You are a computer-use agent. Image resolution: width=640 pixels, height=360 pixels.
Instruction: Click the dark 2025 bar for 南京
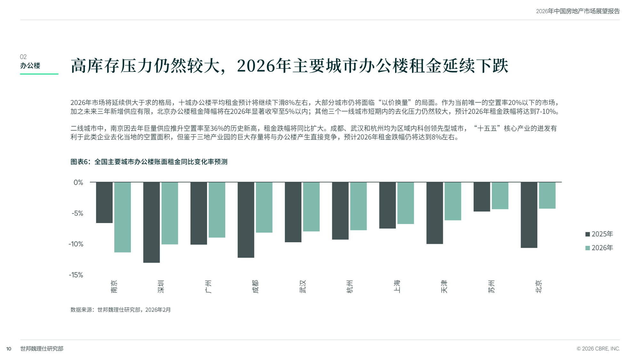104,202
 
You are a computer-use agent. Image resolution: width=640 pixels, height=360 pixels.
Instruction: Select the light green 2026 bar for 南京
123,217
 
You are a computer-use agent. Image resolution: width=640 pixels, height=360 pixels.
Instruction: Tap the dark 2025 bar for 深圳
151,222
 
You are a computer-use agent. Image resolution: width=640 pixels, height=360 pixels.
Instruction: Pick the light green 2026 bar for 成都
264,207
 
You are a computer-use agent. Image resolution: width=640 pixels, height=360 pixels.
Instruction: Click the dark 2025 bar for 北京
529,215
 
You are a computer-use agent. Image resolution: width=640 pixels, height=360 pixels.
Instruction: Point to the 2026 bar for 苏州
500,196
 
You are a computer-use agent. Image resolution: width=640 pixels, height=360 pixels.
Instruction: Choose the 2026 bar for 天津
453,201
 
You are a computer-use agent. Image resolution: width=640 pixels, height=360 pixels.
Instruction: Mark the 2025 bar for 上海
388,205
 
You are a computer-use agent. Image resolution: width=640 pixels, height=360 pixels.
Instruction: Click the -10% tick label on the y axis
76,244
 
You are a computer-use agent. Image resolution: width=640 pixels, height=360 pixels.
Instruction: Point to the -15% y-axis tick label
76,275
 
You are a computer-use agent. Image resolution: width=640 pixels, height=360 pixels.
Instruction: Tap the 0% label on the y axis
78,182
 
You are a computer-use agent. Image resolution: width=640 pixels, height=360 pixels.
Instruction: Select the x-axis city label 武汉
303,286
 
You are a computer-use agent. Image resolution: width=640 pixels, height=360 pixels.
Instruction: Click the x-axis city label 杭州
350,286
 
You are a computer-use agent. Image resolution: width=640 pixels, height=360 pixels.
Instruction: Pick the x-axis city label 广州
208,286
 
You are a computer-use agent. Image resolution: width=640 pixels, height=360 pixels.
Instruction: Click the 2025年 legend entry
599,234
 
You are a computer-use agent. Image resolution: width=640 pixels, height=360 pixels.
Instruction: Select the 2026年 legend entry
599,248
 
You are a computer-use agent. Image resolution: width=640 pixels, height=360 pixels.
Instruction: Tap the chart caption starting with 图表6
149,162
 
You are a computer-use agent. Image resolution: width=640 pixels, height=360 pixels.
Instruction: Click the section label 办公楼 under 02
30,66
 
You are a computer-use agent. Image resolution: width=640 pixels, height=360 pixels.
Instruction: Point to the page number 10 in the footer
9,349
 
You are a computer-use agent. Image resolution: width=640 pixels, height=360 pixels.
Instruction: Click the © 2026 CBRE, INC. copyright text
598,349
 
